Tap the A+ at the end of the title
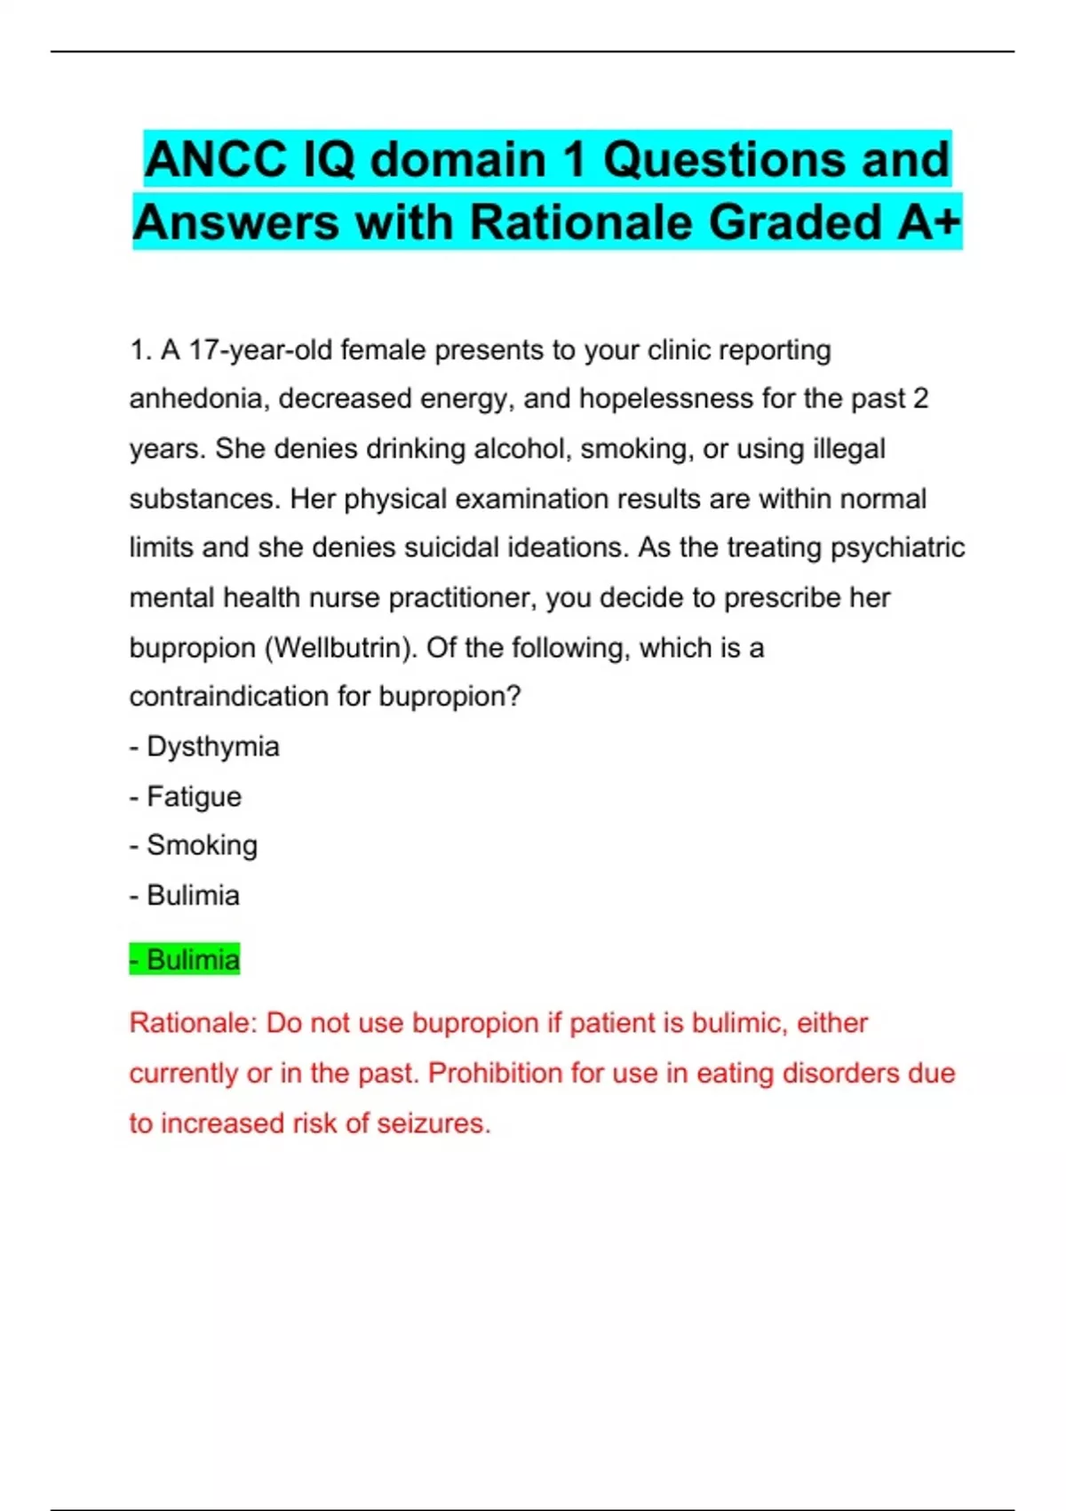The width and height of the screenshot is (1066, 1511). [x=928, y=222]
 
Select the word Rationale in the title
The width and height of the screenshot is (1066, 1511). [x=581, y=222]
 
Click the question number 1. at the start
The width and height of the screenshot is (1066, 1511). [x=141, y=350]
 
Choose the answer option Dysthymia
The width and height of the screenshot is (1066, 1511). [x=212, y=747]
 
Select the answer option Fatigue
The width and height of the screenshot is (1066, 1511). [x=194, y=796]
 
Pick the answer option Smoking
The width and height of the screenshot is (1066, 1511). [x=202, y=845]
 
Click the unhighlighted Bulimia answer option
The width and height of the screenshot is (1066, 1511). [x=193, y=895]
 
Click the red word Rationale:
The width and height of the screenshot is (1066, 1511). [x=193, y=1023]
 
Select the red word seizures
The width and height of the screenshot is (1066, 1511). [x=434, y=1123]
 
